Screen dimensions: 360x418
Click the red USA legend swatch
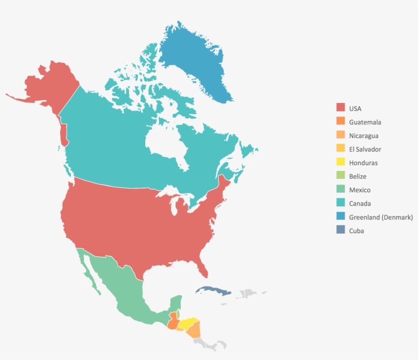pos(340,108)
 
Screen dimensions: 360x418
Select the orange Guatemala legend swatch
pos(340,122)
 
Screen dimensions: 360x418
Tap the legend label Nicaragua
pos(364,136)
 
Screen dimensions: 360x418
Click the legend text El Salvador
pos(365,149)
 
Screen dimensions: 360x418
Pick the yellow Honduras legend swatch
pos(340,163)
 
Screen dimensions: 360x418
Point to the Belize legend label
pos(358,176)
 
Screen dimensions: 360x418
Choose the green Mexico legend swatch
pos(340,190)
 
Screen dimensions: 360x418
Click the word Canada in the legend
pos(360,203)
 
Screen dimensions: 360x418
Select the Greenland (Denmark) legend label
pos(381,217)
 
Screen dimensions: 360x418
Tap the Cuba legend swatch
pos(340,230)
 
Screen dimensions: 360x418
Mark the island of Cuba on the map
pos(214,291)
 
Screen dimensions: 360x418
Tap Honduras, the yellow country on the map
pos(188,323)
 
